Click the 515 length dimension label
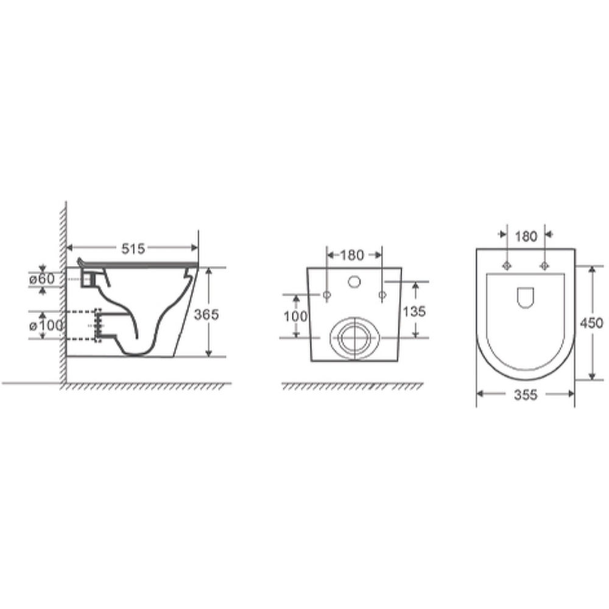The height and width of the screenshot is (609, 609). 133,248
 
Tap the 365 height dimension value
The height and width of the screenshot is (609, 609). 206,314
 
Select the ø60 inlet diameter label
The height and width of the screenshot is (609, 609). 42,279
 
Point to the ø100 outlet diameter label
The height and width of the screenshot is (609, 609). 46,325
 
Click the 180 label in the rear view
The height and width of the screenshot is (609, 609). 352,255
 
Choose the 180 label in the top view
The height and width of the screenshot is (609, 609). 526,236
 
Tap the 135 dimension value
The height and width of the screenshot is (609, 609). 414,311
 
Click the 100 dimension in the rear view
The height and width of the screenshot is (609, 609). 295,317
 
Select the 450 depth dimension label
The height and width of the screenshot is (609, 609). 591,323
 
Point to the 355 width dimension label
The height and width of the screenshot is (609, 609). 526,395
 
